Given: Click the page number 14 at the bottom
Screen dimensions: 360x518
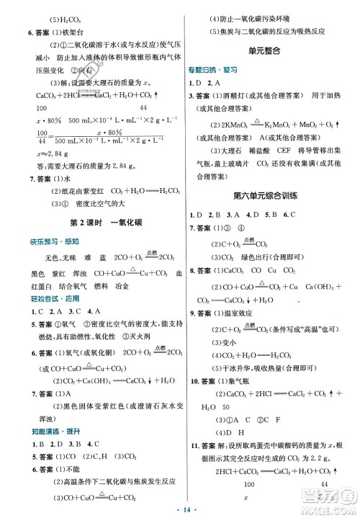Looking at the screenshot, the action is tap(179, 507).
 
